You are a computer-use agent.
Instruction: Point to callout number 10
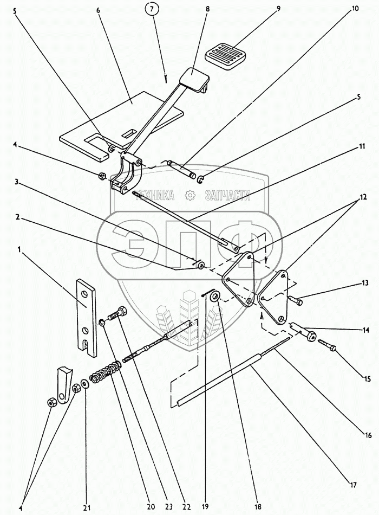click(355, 9)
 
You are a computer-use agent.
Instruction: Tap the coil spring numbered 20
click(104, 375)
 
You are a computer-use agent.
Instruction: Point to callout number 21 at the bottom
click(87, 507)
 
